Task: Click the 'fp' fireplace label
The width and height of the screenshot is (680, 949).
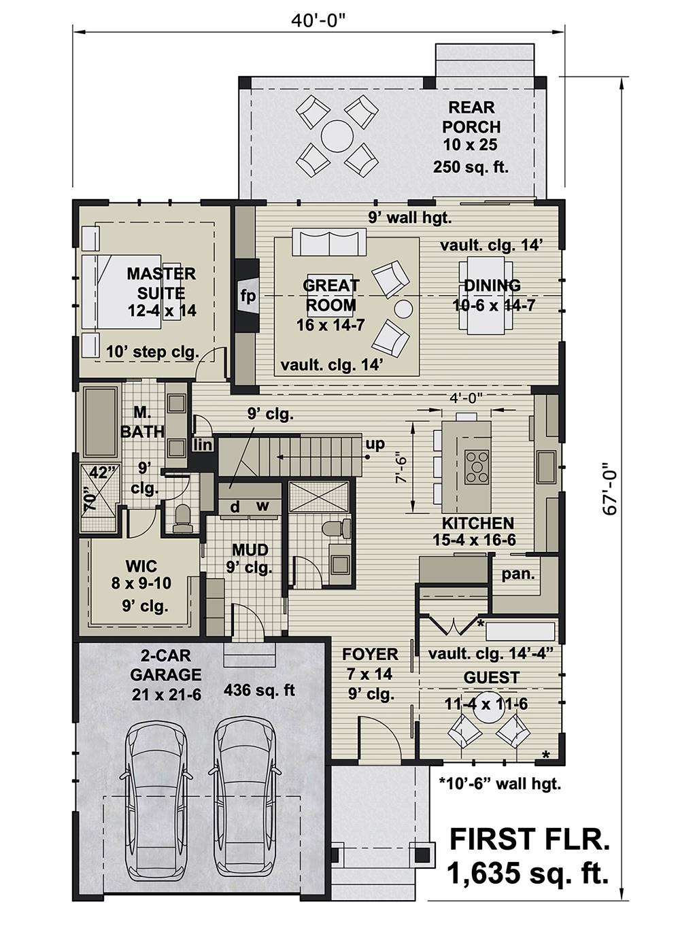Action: [x=248, y=296]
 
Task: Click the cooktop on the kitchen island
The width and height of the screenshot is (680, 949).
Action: [x=477, y=466]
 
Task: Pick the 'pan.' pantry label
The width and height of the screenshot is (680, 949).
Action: [x=517, y=574]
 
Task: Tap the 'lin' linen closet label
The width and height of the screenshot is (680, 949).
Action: [x=202, y=445]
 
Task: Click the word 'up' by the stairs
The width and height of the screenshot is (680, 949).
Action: [x=375, y=444]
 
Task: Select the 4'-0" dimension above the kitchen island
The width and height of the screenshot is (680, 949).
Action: [x=466, y=398]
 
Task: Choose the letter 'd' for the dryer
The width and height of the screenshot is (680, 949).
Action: [x=235, y=506]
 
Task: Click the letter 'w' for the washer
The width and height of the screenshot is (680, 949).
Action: [x=262, y=506]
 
